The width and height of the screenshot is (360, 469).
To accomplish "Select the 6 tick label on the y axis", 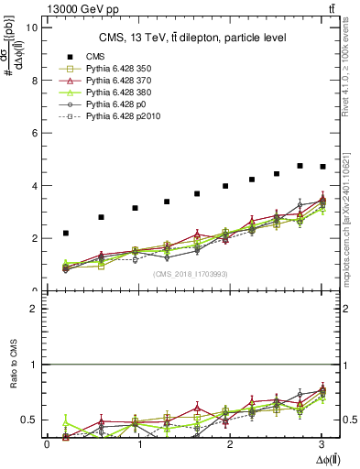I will point(34,133).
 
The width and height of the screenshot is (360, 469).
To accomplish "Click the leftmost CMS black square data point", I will point(65,234).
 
